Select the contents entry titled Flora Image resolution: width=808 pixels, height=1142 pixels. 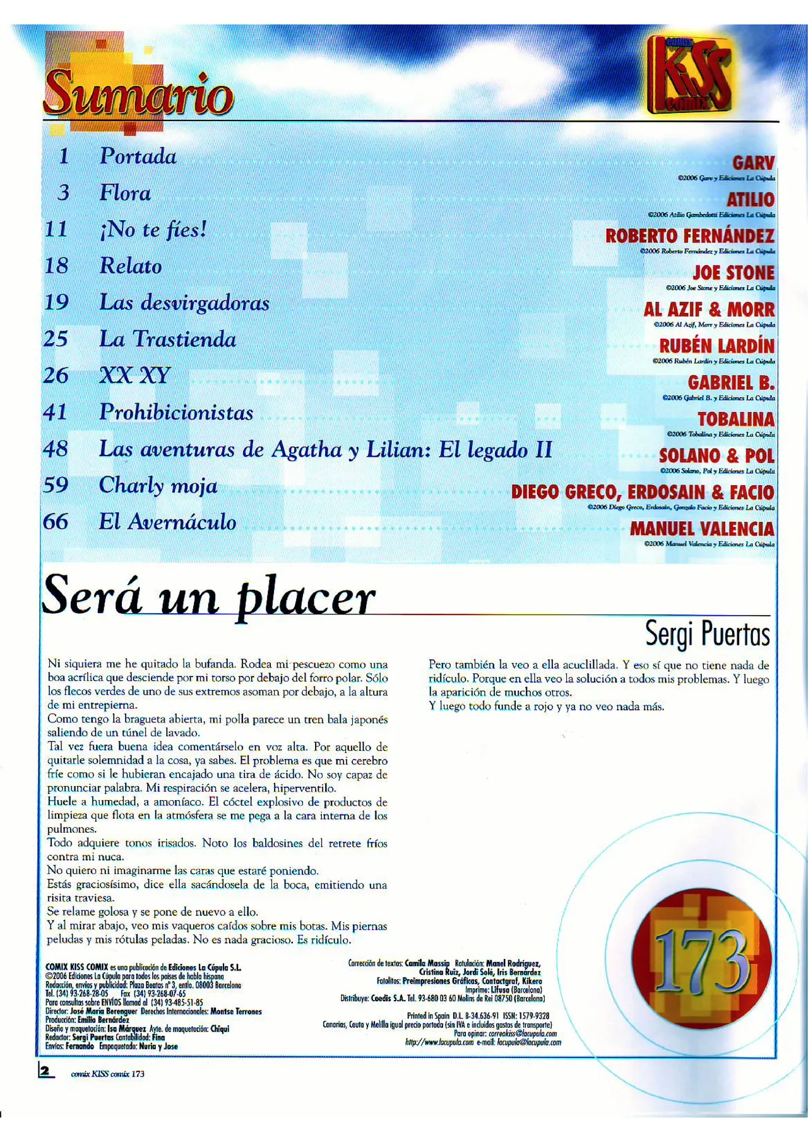coord(125,193)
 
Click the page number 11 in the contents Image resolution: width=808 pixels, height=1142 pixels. coord(56,229)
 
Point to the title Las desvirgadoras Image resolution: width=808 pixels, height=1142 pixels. coord(184,303)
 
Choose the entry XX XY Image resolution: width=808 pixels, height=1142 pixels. coord(135,376)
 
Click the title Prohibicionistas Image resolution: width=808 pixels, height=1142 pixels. coord(176,413)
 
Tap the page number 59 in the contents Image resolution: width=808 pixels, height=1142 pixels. coord(56,485)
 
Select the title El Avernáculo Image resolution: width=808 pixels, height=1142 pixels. coord(167,522)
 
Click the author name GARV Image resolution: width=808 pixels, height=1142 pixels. coord(753,163)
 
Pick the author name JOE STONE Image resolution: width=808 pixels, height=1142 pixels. coord(734,273)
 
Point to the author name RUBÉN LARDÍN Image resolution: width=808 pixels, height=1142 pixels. coord(716,346)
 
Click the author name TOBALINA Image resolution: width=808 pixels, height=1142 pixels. coord(735,420)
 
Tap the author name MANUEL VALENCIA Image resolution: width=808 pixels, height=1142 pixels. coord(702,529)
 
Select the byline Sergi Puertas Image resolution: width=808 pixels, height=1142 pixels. coord(707,633)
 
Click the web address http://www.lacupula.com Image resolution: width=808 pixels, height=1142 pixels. coord(439,1042)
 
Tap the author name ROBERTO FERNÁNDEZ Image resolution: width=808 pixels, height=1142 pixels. coord(689,237)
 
